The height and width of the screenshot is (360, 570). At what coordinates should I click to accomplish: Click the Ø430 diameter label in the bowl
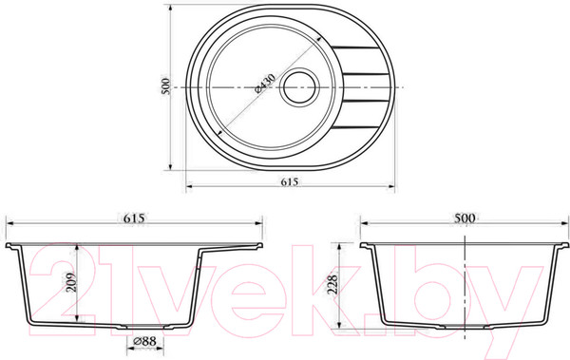[x=265, y=84]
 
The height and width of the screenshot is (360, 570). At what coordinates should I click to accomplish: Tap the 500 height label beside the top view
[x=165, y=86]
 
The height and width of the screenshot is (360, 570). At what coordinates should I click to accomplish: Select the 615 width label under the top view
[x=290, y=181]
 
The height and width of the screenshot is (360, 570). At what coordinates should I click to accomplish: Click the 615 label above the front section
[x=134, y=218]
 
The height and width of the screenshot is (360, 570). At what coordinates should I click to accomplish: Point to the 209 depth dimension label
[x=72, y=282]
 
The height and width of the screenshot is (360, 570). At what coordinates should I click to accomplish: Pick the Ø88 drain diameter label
[x=144, y=341]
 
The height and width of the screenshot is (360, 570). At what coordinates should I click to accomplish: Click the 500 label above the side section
[x=465, y=218]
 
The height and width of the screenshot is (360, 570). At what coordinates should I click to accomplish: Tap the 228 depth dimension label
[x=332, y=285]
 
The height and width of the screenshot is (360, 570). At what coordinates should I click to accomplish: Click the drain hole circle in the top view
[x=299, y=86]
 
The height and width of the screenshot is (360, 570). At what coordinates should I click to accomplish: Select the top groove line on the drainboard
[x=354, y=47]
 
